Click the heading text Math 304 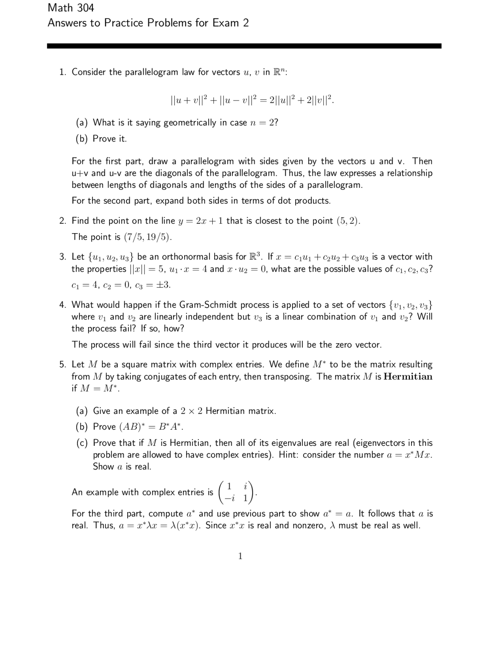(x=71, y=7)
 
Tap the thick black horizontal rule (x=244, y=46)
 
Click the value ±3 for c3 (x=163, y=285)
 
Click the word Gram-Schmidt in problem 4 (x=208, y=305)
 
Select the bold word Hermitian (x=408, y=377)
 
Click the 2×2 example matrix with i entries (x=237, y=492)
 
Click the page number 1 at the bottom (x=240, y=556)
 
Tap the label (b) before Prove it (x=82, y=139)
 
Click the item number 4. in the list (x=63, y=305)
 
